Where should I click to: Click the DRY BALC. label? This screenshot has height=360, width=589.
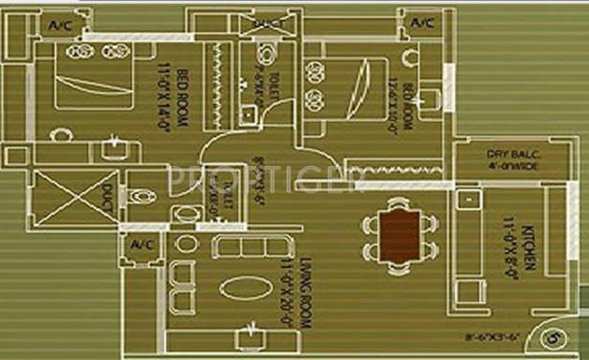click(513, 154)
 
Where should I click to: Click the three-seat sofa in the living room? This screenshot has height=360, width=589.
click(249, 247)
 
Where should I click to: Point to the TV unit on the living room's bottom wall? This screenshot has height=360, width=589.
click(250, 332)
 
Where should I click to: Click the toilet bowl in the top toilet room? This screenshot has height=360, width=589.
click(254, 53)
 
